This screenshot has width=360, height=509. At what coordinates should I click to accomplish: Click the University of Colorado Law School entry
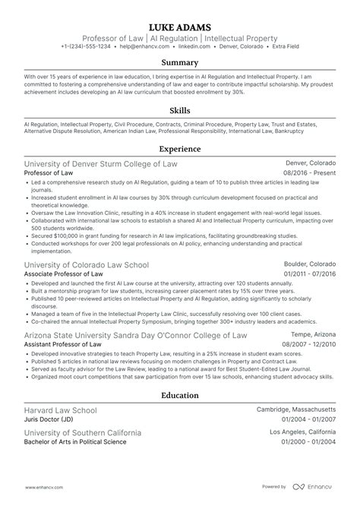coord(87,265)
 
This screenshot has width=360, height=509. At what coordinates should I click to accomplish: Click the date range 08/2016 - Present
coord(309,174)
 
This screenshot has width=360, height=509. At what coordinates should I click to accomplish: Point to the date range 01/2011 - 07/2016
coord(308,275)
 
